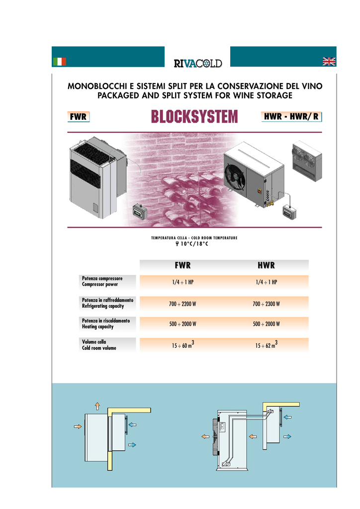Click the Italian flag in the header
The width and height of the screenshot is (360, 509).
[x=59, y=62]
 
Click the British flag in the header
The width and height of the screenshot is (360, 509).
[x=329, y=61]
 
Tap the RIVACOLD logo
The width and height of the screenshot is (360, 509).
[x=197, y=63]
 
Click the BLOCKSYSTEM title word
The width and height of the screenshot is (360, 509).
[x=195, y=117]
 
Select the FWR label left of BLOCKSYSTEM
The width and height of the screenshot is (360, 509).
[x=79, y=117]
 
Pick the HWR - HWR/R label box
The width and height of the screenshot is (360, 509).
[x=291, y=117]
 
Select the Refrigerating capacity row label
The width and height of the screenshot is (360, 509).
[x=103, y=306]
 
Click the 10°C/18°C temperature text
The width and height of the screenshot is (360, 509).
[x=194, y=244]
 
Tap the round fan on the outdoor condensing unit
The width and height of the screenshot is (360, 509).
[x=235, y=176]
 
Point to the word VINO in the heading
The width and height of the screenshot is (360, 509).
[x=311, y=86]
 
